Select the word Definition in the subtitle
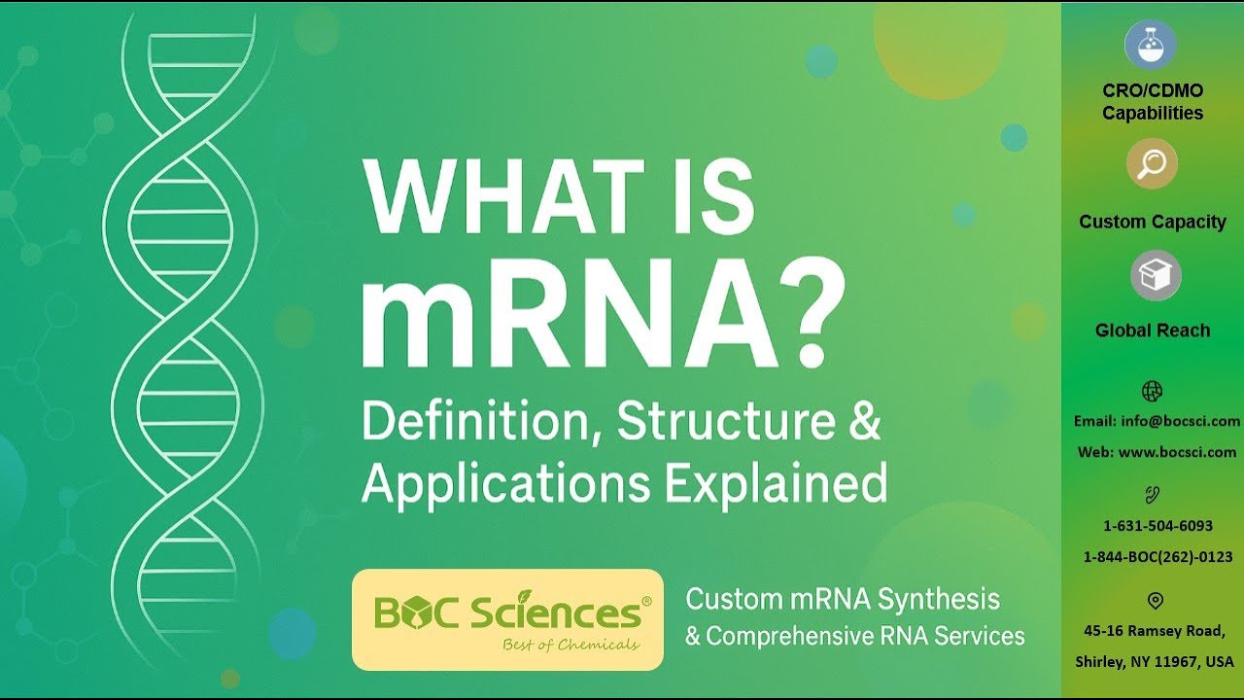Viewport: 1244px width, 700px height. tap(481, 423)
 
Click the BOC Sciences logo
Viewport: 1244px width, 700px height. tap(507, 618)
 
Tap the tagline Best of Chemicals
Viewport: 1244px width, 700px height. tap(570, 646)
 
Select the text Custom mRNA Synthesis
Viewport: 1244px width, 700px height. tap(843, 599)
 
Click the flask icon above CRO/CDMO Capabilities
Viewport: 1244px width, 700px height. tap(1151, 44)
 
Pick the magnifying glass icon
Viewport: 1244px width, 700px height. tap(1152, 163)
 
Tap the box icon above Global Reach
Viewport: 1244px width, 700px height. tap(1155, 276)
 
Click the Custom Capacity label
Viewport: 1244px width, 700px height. tap(1153, 222)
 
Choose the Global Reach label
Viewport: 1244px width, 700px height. tap(1153, 331)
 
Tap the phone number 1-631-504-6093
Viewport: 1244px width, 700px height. tap(1158, 526)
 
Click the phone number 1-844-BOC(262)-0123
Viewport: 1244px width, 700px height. tap(1158, 557)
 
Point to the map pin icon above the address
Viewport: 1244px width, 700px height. tap(1156, 600)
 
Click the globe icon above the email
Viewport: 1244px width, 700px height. tap(1152, 391)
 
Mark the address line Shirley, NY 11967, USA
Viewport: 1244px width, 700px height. tap(1154, 662)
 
